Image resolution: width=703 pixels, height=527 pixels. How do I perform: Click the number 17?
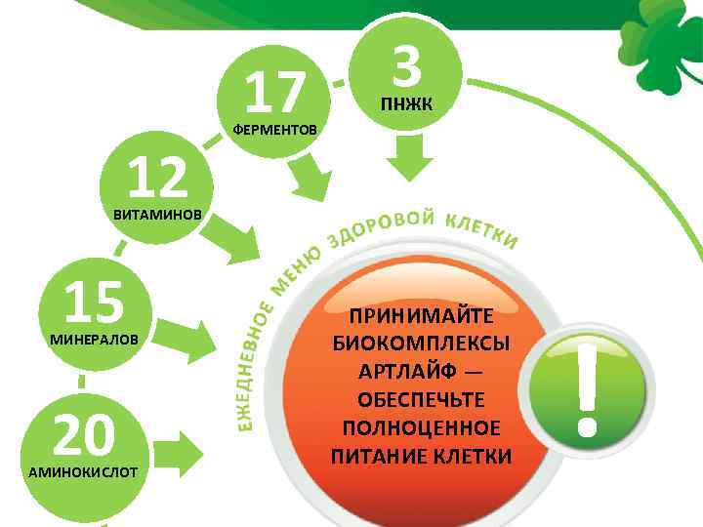(276, 93)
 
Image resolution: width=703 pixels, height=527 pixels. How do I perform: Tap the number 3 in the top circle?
(407, 67)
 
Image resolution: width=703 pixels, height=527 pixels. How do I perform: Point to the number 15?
(95, 302)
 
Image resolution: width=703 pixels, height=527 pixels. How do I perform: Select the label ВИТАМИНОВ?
(157, 214)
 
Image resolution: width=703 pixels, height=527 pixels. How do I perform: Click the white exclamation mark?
(586, 385)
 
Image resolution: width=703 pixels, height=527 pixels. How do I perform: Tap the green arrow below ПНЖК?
(408, 156)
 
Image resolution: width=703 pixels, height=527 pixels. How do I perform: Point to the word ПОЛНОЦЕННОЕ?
(421, 428)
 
